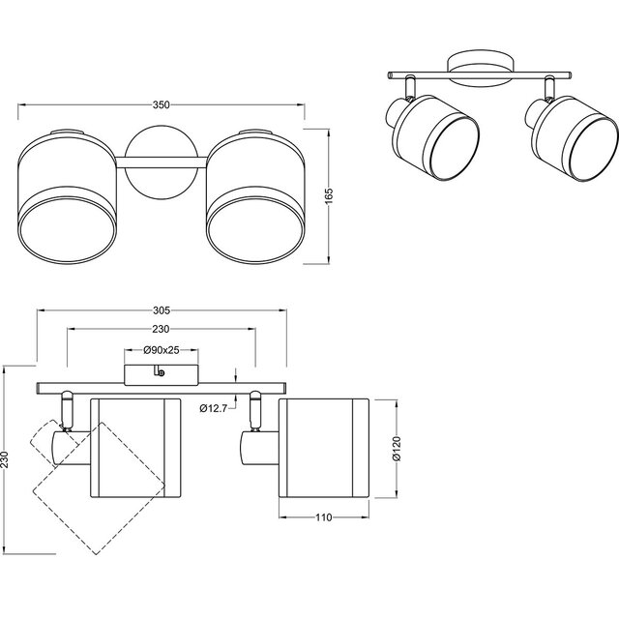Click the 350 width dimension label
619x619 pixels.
coord(162,103)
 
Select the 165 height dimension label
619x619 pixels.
coord(329,195)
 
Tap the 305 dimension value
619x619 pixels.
coord(162,310)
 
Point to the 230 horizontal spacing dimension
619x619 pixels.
coord(162,330)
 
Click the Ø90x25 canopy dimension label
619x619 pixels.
coord(162,349)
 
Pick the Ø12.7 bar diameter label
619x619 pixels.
coord(213,408)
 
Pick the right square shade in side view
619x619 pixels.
coord(323,445)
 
